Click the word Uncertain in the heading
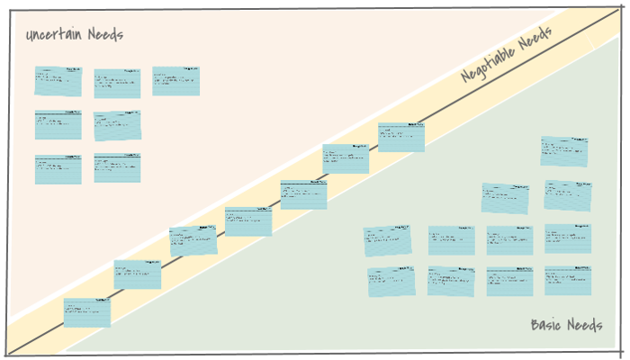click(55, 35)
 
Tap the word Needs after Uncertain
click(105, 35)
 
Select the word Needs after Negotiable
click(536, 37)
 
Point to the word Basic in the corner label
click(547, 325)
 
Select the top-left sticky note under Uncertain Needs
click(58, 81)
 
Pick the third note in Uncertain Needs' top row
click(175, 81)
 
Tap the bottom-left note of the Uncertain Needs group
click(58, 169)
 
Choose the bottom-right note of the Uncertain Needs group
click(117, 168)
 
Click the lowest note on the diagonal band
click(87, 312)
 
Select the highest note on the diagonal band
click(400, 138)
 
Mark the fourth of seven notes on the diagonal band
click(248, 221)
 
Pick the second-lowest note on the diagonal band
click(138, 274)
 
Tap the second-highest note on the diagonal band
click(346, 158)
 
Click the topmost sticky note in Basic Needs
click(564, 151)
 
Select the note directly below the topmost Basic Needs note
click(568, 195)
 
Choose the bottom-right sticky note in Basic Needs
click(568, 280)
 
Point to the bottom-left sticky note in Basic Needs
click(391, 282)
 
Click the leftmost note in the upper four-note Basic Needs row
click(388, 240)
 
